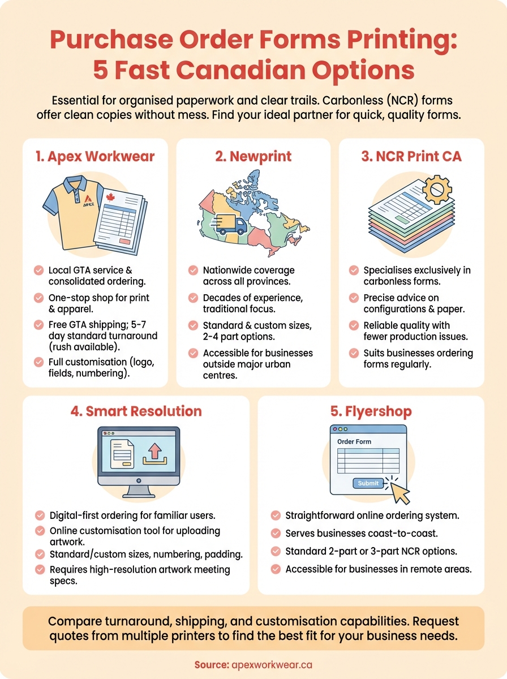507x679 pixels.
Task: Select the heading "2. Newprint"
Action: tap(253, 157)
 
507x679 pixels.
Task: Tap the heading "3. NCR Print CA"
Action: tap(411, 157)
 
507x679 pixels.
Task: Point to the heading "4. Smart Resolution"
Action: tap(136, 411)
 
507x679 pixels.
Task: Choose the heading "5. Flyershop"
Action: tap(371, 411)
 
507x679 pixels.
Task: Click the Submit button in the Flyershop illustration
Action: tap(368, 483)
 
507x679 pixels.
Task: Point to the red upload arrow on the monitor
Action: tap(154, 452)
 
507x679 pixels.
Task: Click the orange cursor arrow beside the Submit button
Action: tap(399, 491)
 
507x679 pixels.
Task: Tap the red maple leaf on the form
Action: tap(110, 197)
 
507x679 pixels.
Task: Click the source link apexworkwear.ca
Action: tap(272, 665)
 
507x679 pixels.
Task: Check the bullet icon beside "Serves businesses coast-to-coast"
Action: tap(276, 534)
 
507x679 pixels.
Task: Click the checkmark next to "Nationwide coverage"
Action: tap(193, 270)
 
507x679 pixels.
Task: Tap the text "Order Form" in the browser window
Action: tap(354, 441)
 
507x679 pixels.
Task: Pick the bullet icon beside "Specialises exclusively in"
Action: tap(354, 270)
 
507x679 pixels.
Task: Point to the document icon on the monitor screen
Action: tap(122, 453)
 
